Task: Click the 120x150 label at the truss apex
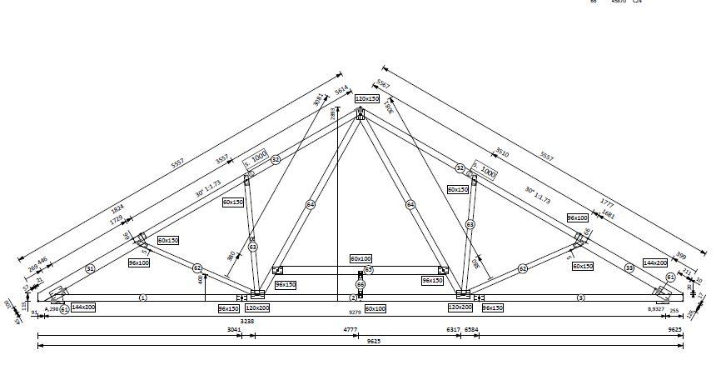(367, 98)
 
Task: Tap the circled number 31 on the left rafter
(90, 267)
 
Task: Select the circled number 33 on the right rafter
(629, 267)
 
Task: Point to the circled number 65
(368, 270)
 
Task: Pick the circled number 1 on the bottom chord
(142, 297)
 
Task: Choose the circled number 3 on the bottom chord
(580, 297)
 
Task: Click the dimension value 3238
(246, 320)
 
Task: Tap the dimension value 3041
(234, 330)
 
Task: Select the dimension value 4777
(351, 330)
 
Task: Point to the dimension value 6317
(453, 330)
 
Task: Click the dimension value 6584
(471, 330)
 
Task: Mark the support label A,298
(51, 309)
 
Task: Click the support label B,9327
(657, 309)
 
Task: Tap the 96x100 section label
(139, 263)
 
